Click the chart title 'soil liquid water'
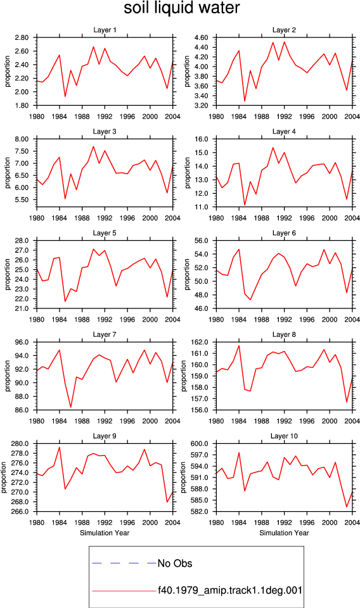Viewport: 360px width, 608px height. pyautogui.click(x=181, y=8)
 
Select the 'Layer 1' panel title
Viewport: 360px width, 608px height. pyautogui.click(x=105, y=30)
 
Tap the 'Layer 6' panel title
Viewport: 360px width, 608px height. pyautogui.click(x=284, y=233)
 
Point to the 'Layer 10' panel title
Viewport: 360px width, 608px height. pyautogui.click(x=284, y=436)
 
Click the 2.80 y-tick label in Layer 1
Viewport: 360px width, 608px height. pyautogui.click(x=22, y=37)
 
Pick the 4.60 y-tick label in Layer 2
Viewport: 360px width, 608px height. pyautogui.click(x=201, y=37)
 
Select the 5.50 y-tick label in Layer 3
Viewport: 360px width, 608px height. pyautogui.click(x=22, y=199)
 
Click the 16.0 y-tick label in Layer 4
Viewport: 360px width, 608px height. pyautogui.click(x=201, y=139)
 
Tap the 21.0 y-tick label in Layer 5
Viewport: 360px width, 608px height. pyautogui.click(x=22, y=308)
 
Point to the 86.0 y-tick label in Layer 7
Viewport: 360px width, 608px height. pyautogui.click(x=22, y=410)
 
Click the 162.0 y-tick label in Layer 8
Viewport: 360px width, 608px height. pyautogui.click(x=200, y=343)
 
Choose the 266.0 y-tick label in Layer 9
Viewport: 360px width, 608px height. pyautogui.click(x=20, y=512)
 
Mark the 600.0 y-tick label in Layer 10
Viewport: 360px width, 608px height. pyautogui.click(x=200, y=444)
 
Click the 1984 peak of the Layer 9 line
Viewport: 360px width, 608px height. pyautogui.click(x=60, y=447)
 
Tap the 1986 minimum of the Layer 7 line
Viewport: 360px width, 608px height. pyautogui.click(x=70, y=407)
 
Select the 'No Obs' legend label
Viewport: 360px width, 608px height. pyautogui.click(x=175, y=564)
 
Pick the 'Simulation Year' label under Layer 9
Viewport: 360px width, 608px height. pyautogui.click(x=105, y=533)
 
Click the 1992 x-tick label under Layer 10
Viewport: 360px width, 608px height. pyautogui.click(x=284, y=522)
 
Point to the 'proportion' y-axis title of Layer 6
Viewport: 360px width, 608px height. pyautogui.click(x=188, y=274)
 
